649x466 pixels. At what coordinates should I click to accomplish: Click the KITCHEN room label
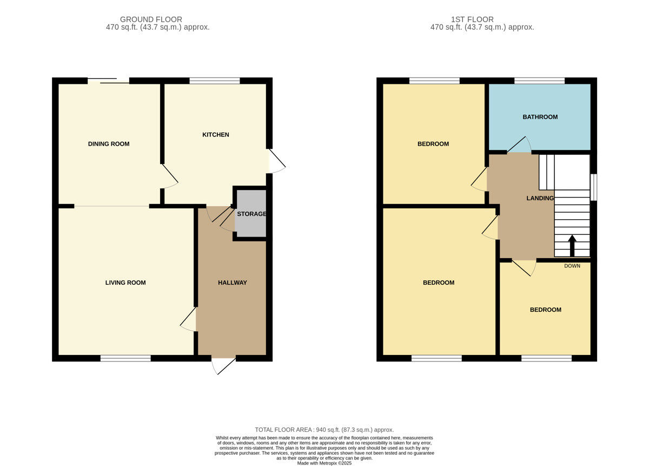pos(215,135)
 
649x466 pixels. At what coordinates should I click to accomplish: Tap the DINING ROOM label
pos(109,144)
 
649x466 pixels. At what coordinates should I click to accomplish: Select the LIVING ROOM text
pos(125,283)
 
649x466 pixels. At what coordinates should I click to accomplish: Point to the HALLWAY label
pos(232,283)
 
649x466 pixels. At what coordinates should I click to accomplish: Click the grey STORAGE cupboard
pos(251,214)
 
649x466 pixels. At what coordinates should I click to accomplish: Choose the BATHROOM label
pos(540,117)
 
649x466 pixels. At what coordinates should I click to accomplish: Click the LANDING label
pos(540,199)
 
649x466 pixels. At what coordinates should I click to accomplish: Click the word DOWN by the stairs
pos(572,266)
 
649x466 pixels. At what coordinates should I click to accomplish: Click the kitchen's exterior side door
pos(276,161)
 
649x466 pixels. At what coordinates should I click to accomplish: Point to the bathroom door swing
pos(519,145)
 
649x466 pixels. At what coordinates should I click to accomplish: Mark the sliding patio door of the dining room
pos(109,81)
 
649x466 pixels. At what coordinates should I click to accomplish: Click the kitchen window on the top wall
pos(215,81)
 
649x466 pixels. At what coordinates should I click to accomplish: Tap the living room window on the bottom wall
pos(125,358)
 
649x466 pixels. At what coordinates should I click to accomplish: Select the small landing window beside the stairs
pos(594,187)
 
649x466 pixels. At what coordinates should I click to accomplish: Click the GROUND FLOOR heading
pos(151,19)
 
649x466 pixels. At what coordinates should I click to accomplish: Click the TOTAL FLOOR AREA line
pos(325,429)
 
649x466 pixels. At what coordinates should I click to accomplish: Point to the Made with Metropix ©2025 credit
pos(325,463)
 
